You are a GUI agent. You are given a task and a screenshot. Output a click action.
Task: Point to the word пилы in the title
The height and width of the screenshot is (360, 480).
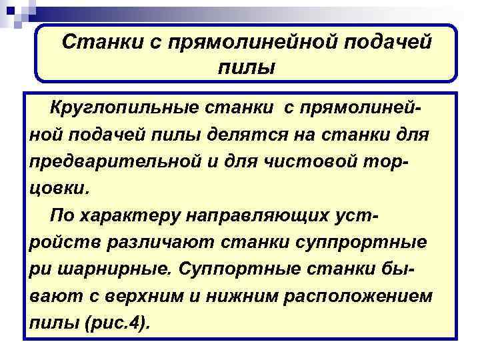pos(246,67)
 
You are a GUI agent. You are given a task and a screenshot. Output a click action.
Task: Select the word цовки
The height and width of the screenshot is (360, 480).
pos(57,188)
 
